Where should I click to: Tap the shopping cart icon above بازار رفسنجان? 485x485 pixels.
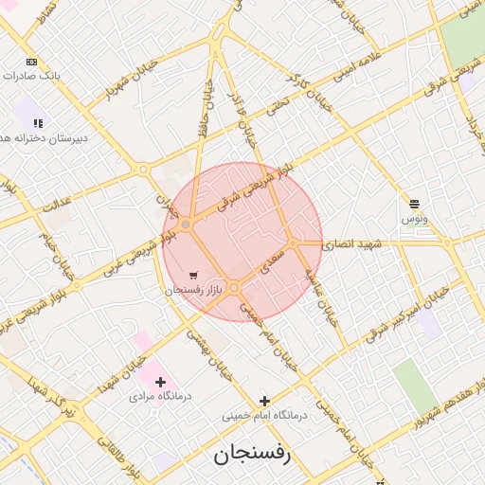coord(194,276)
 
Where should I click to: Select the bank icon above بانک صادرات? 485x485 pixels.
coord(33,62)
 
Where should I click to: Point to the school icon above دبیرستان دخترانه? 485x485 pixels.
coord(38,123)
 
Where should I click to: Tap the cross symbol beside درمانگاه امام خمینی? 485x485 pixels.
coord(264,401)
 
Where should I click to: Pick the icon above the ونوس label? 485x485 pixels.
coord(414,204)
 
